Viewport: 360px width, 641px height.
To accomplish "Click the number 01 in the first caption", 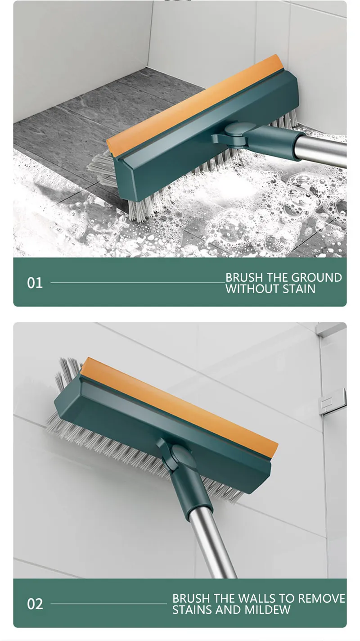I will point(35,283).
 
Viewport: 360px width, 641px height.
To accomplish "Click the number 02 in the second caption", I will point(35,604).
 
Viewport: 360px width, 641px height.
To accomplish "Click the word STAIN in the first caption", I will point(299,289).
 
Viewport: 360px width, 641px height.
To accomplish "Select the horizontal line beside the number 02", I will point(108,604).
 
